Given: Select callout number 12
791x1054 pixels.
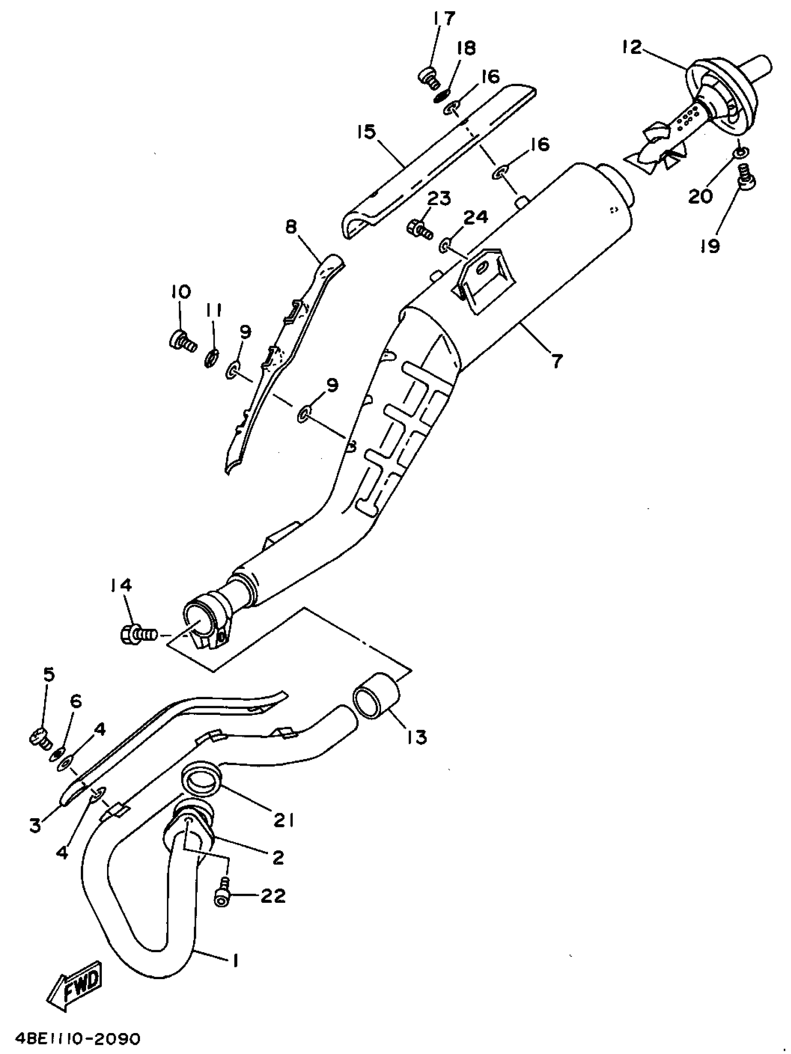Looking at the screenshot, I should (632, 47).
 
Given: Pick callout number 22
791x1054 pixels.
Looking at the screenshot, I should (273, 895).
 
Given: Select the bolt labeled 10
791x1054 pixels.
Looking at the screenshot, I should (182, 340).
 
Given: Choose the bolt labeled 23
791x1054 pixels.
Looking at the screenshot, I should (419, 229).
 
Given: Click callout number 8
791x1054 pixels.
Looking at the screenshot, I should (291, 227).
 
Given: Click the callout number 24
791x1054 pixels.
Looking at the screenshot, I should (476, 217).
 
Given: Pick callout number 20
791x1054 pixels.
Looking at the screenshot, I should (700, 196).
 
